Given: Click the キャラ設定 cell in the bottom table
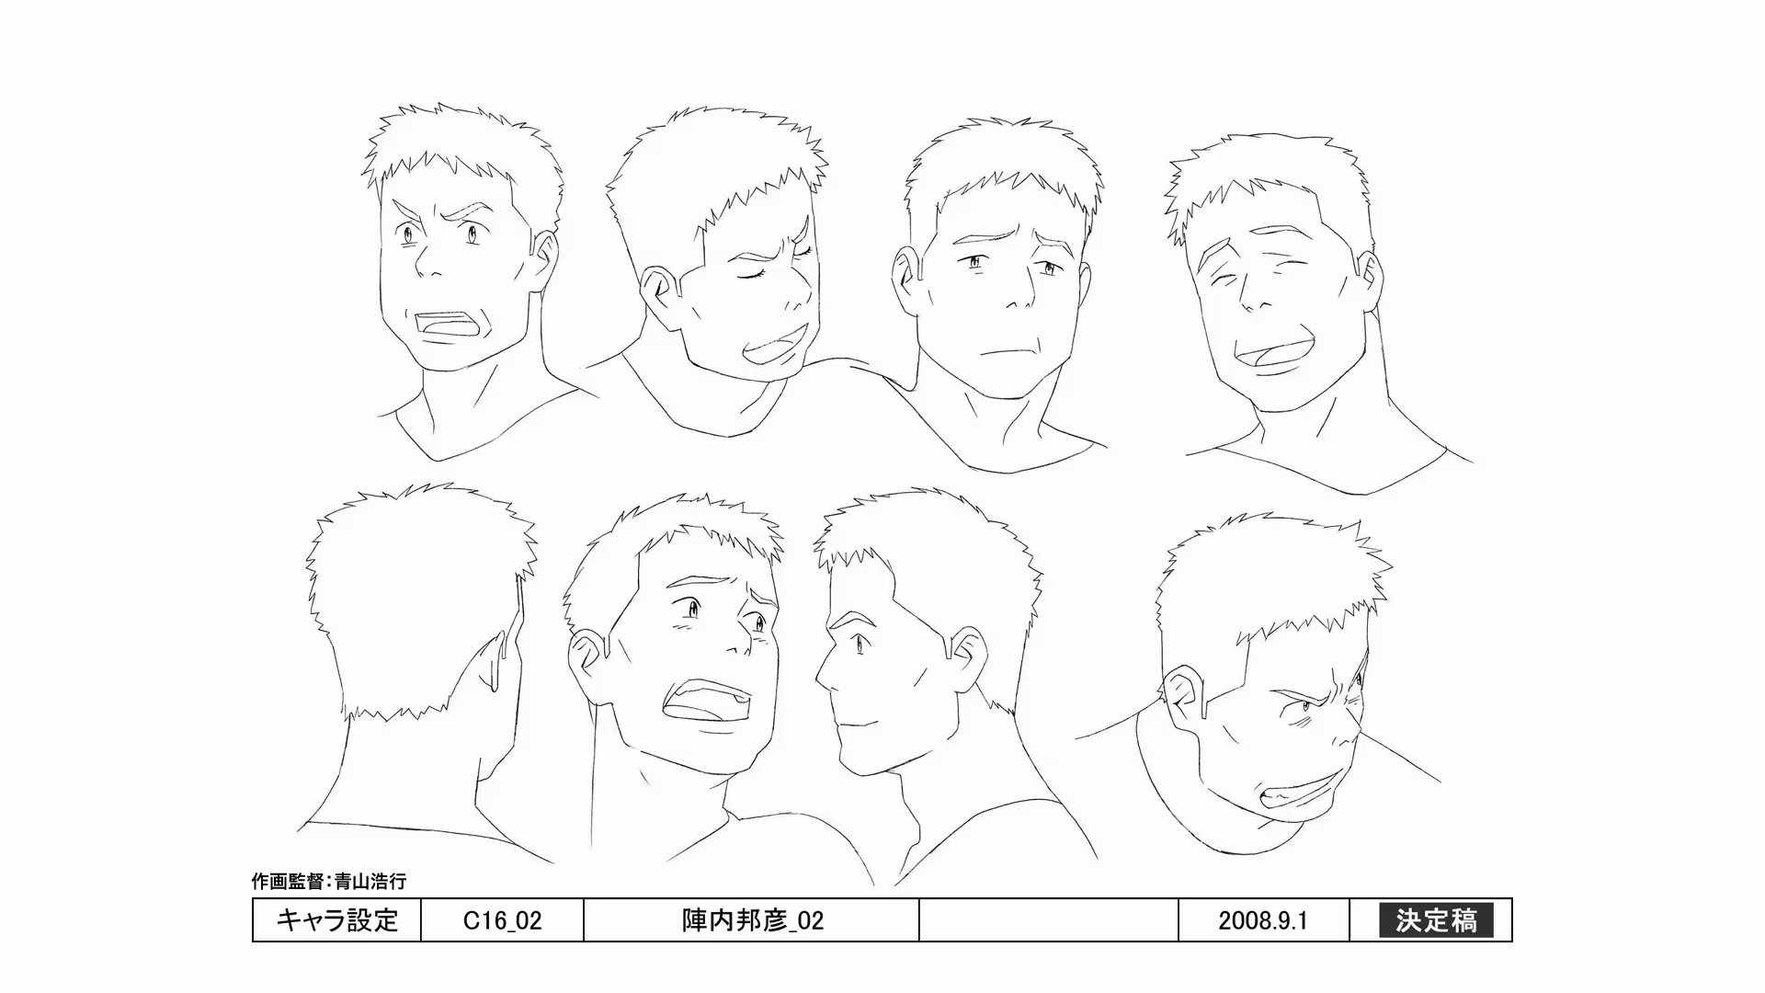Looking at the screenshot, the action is (336, 920).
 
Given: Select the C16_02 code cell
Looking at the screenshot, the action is (502, 920).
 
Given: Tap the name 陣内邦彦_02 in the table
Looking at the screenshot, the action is (752, 920).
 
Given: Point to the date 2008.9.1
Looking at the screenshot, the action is (1263, 920).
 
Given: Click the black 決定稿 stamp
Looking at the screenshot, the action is (1436, 920).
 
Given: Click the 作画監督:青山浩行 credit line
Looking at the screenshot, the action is (329, 881).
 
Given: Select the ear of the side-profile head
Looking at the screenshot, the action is (964, 653).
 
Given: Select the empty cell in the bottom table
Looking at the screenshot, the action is (1049, 920).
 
